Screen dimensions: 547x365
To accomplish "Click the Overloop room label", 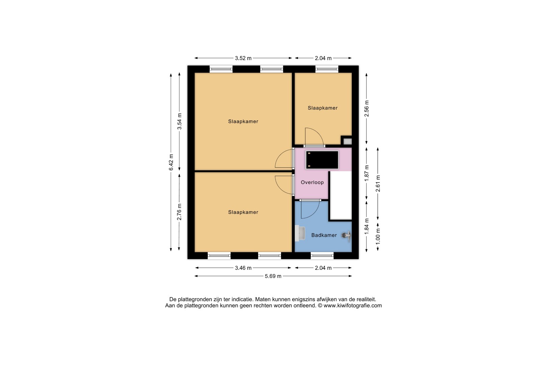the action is [x=312, y=182].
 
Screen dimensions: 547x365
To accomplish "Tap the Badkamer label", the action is [x=324, y=235].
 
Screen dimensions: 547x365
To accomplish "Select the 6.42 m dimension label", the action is [x=171, y=162].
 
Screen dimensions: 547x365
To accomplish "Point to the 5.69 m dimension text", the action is [x=273, y=276].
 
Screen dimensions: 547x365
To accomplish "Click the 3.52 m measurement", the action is [x=243, y=58].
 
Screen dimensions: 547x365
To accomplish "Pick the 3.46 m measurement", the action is [x=243, y=268].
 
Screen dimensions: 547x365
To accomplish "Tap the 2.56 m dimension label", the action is [x=367, y=108].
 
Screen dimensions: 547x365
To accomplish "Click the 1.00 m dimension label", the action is [x=378, y=236].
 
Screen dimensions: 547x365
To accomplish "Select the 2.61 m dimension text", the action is [x=378, y=184].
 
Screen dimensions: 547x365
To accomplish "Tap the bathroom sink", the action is [x=300, y=233].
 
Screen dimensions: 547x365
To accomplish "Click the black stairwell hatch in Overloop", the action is [x=322, y=160].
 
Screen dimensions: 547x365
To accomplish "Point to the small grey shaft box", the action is [x=347, y=141].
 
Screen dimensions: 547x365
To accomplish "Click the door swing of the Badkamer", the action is [x=310, y=210].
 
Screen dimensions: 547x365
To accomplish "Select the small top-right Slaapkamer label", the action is [x=322, y=108].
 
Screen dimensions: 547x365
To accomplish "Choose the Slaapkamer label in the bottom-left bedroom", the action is [x=243, y=212].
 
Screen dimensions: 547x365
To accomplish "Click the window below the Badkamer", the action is [x=322, y=256].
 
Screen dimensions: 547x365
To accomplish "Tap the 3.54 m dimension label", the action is [x=180, y=121].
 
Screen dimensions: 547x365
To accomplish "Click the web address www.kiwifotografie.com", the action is [x=353, y=306].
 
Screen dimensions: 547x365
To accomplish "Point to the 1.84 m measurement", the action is [x=367, y=226].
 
